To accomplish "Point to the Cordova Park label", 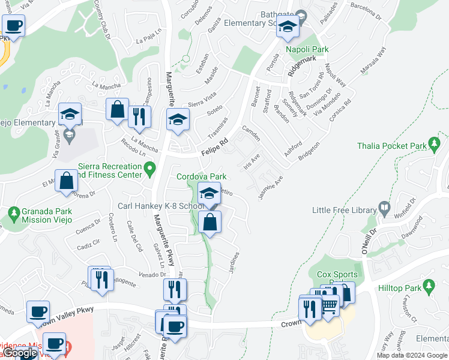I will (201, 176).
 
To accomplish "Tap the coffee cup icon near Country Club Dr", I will (13, 26).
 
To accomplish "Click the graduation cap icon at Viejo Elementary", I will (70, 114).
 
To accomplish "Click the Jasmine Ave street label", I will (271, 187).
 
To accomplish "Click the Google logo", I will (20, 353).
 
